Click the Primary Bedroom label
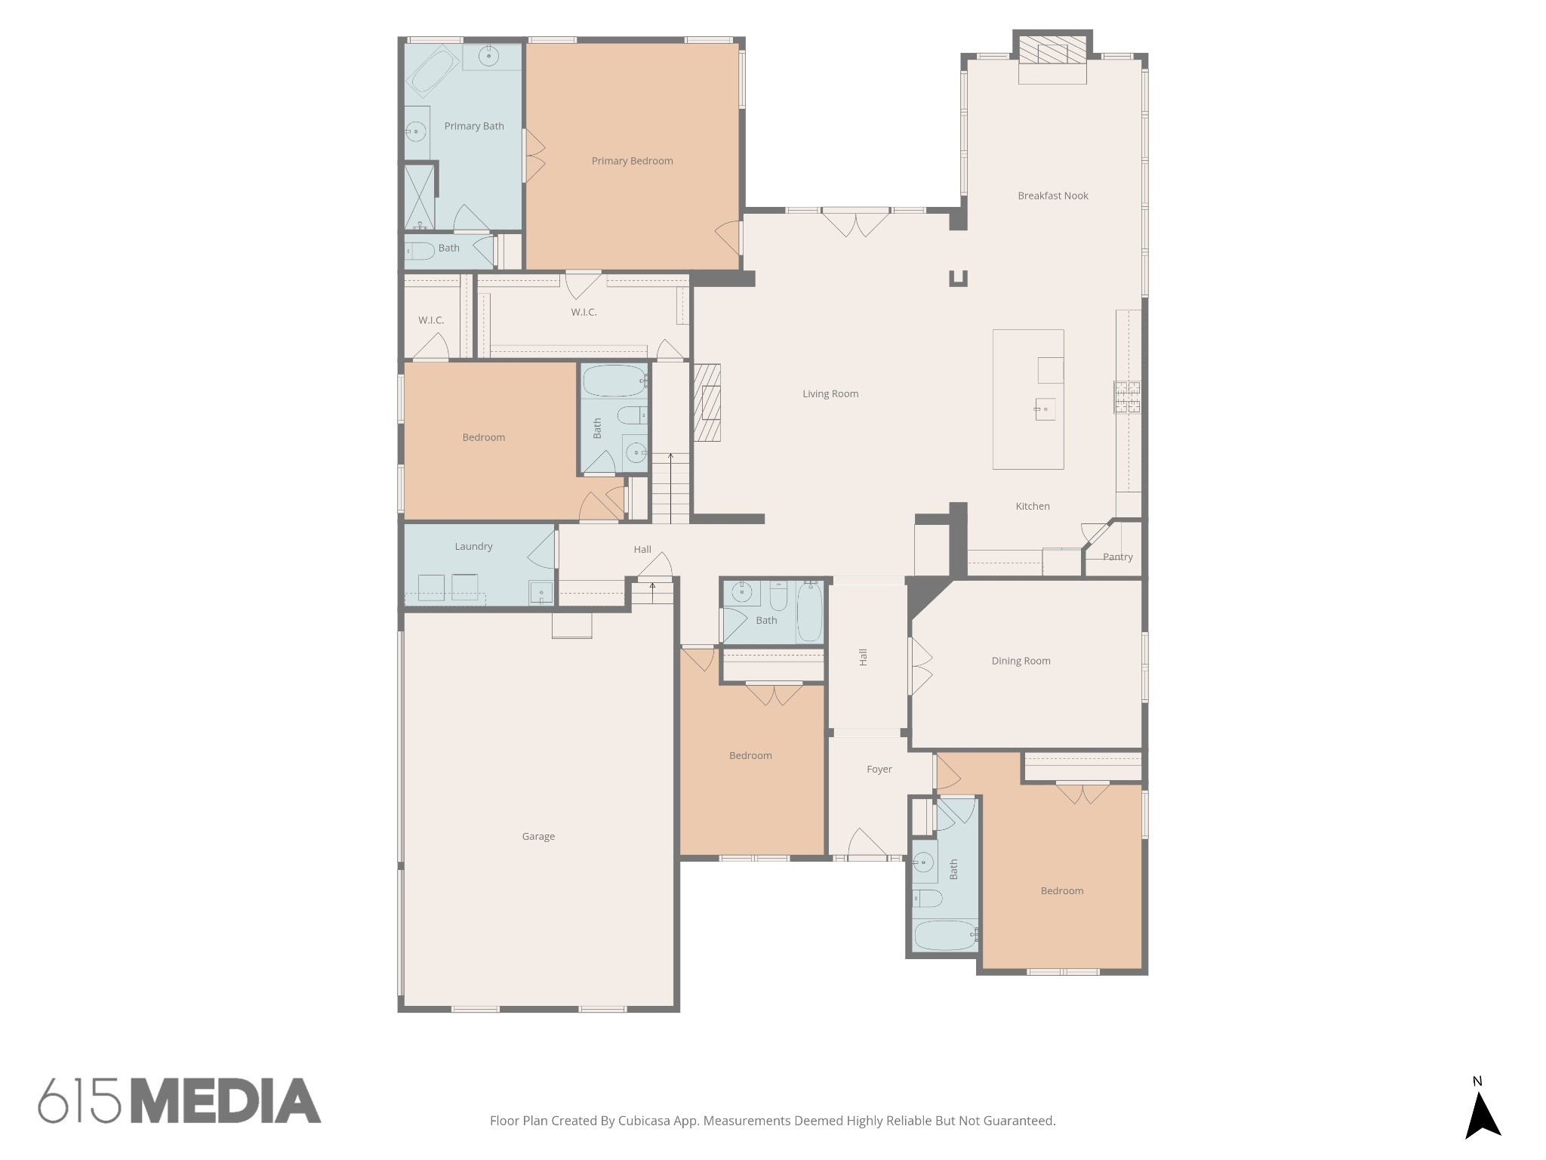click(x=632, y=161)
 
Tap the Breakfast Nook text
click(x=1052, y=196)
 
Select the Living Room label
click(x=830, y=393)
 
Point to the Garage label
click(x=538, y=836)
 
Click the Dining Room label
click(x=1021, y=661)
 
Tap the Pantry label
click(x=1117, y=557)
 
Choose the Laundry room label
click(x=473, y=546)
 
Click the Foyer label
click(x=879, y=769)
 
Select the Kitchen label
click(x=1032, y=506)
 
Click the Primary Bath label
click(x=474, y=126)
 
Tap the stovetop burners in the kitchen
click(x=1127, y=397)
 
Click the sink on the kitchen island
click(x=1045, y=409)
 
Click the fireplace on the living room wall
click(x=707, y=403)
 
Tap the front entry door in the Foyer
click(x=867, y=844)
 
